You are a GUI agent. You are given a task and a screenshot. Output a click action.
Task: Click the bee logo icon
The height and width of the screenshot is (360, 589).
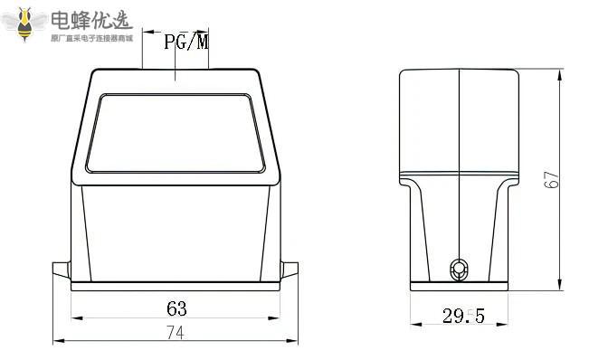tap(24, 24)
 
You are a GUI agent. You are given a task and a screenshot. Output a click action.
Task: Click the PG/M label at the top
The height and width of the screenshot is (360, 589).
tap(186, 42)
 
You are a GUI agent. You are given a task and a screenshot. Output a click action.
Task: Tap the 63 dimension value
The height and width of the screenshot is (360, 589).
tap(176, 308)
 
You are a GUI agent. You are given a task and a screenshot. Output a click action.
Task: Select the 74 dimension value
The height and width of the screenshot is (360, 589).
tap(176, 333)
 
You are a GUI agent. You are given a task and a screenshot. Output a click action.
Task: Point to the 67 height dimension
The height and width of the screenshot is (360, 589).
tap(551, 179)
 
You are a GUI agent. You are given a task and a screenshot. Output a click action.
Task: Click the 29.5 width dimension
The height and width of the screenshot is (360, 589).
tap(463, 316)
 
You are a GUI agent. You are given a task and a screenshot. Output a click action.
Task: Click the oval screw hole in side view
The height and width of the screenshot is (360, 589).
tap(460, 270)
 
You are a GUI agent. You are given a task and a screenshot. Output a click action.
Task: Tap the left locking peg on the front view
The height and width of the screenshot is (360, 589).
tap(62, 270)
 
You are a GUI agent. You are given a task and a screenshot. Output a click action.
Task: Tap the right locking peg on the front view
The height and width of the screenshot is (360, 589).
tap(290, 270)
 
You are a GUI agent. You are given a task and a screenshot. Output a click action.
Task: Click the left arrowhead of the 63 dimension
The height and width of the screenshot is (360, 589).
tap(77, 318)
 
